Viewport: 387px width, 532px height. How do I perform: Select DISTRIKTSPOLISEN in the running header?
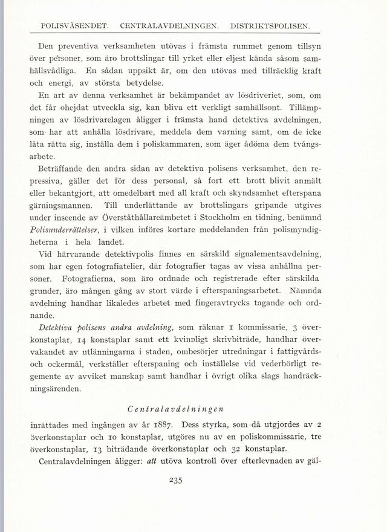(273, 26)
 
